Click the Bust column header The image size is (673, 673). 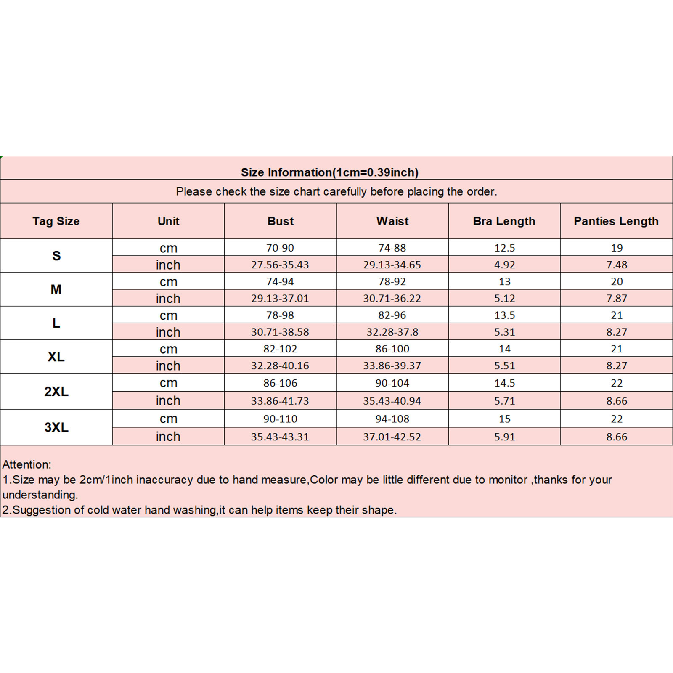pos(281,221)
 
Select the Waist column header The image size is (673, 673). pos(392,221)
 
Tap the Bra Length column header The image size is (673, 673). pos(504,221)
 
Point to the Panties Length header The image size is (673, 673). pos(616,221)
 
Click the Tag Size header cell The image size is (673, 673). pos(56,221)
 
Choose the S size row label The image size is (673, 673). pos(56,256)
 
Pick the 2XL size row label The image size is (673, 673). pos(56,392)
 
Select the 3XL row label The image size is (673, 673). pos(56,427)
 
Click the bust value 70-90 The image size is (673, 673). pos(280,248)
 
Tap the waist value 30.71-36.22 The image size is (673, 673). pos(392,298)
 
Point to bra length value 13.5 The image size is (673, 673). pos(504,315)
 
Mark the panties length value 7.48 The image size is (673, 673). pos(617,265)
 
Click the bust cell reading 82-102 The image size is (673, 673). pos(280,349)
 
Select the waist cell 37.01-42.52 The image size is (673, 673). pos(392,437)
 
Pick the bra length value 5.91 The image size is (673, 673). pos(504,437)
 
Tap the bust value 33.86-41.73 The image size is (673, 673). pos(280,401)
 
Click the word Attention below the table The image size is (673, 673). pos(26,464)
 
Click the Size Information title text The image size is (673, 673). pos(329,172)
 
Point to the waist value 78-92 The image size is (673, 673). pos(392,281)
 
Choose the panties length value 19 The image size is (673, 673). pos(617,248)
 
